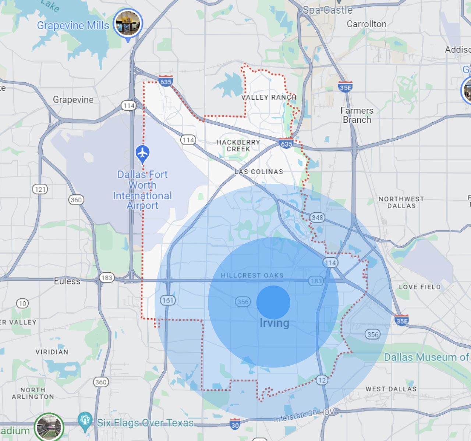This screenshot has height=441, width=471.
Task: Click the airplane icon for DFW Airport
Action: pyautogui.click(x=142, y=153)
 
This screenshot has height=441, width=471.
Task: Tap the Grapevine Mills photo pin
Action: pyautogui.click(x=128, y=23)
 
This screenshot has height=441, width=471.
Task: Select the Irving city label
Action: pyautogui.click(x=275, y=323)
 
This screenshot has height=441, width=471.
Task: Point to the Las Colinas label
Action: pyautogui.click(x=259, y=172)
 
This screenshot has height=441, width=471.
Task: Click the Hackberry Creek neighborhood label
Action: pyautogui.click(x=238, y=146)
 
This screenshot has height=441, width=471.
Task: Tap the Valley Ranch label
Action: pyautogui.click(x=269, y=97)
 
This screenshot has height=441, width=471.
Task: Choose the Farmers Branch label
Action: pyautogui.click(x=357, y=115)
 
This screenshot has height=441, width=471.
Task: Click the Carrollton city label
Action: pyautogui.click(x=366, y=24)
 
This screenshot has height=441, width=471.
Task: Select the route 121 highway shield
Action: pyautogui.click(x=40, y=189)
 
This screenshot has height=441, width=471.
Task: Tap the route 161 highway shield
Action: pyautogui.click(x=168, y=300)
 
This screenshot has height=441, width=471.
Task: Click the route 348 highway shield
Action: pyautogui.click(x=317, y=218)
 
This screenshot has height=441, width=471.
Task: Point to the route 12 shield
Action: pyautogui.click(x=322, y=380)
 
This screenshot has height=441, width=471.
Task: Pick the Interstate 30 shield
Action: pyautogui.click(x=235, y=425)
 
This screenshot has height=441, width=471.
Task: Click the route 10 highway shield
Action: pyautogui.click(x=22, y=304)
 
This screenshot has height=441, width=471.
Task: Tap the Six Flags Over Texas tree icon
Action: pyautogui.click(x=85, y=421)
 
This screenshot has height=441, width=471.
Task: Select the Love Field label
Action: pyautogui.click(x=420, y=287)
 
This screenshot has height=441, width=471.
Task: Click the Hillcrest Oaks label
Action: pyautogui.click(x=252, y=275)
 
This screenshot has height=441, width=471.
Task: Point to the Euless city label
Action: pyautogui.click(x=67, y=281)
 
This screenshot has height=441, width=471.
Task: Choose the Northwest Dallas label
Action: pyautogui.click(x=401, y=202)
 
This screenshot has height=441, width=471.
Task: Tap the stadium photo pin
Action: pyautogui.click(x=49, y=427)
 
